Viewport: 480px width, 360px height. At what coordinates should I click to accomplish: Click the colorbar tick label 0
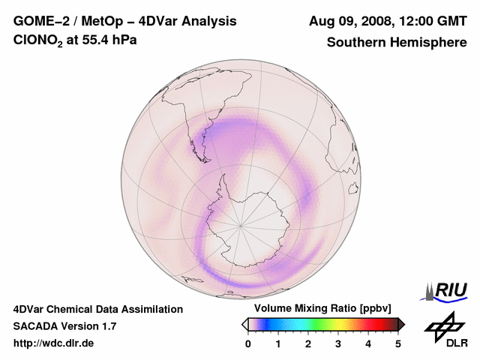(248, 343)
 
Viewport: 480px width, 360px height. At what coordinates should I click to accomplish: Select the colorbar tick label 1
(278, 343)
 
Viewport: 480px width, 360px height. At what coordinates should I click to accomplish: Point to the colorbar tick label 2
(308, 343)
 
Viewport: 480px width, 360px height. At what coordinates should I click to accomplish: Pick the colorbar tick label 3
(338, 343)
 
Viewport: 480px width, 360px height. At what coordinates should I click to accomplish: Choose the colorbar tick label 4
(368, 343)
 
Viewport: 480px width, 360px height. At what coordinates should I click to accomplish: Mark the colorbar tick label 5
(398, 343)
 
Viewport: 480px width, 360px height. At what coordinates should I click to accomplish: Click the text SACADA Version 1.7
(64, 326)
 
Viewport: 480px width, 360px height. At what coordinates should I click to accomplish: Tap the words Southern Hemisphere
(396, 42)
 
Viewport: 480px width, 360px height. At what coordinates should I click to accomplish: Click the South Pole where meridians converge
(241, 224)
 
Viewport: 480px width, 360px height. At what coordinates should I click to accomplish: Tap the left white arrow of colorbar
(244, 324)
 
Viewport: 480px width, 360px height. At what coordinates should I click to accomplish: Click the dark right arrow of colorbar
(401, 324)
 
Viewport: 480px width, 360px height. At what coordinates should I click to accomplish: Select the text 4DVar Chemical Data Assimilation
(97, 309)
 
